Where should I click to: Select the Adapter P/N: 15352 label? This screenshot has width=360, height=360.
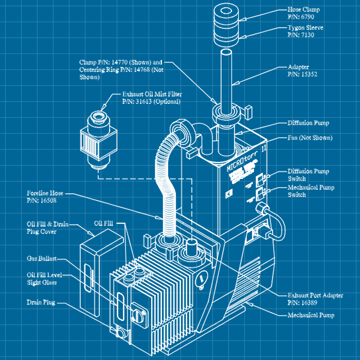pyautogui.click(x=301, y=70)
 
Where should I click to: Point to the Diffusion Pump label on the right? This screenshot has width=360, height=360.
pyautogui.click(x=308, y=123)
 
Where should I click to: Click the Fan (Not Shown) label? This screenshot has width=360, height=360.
pyautogui.click(x=309, y=138)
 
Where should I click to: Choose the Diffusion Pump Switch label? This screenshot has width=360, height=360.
pyautogui.click(x=308, y=175)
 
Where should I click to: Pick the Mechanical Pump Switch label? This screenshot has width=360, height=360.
pyautogui.click(x=311, y=191)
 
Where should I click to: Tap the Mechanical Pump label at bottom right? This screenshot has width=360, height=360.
pyautogui.click(x=311, y=315)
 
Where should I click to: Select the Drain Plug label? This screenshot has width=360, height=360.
pyautogui.click(x=41, y=302)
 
